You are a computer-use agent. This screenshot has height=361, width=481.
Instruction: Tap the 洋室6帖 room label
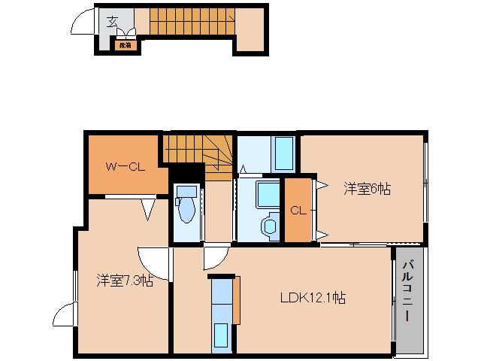click(367, 190)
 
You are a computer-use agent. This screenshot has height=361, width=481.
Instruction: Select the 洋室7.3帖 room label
click(124, 281)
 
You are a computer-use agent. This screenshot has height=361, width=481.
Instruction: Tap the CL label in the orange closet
click(298, 211)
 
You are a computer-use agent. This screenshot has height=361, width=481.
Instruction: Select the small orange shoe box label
click(124, 45)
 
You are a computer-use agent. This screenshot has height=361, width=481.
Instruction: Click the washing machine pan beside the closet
click(268, 194)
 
